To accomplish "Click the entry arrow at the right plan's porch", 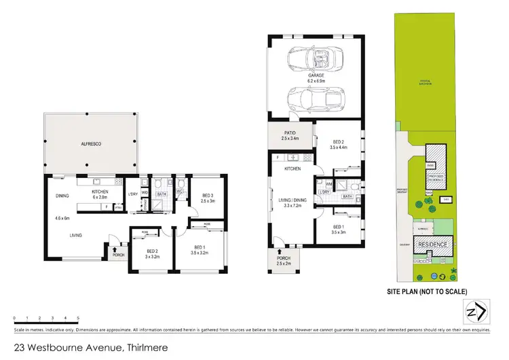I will click(x=278, y=239).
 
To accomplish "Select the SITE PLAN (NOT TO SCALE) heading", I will click(x=426, y=291).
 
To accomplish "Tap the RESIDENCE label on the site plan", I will click(x=432, y=243).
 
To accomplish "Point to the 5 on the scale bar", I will click(x=79, y=318).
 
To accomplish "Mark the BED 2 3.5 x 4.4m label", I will click(x=337, y=145).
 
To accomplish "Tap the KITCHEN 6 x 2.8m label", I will click(x=100, y=194).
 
